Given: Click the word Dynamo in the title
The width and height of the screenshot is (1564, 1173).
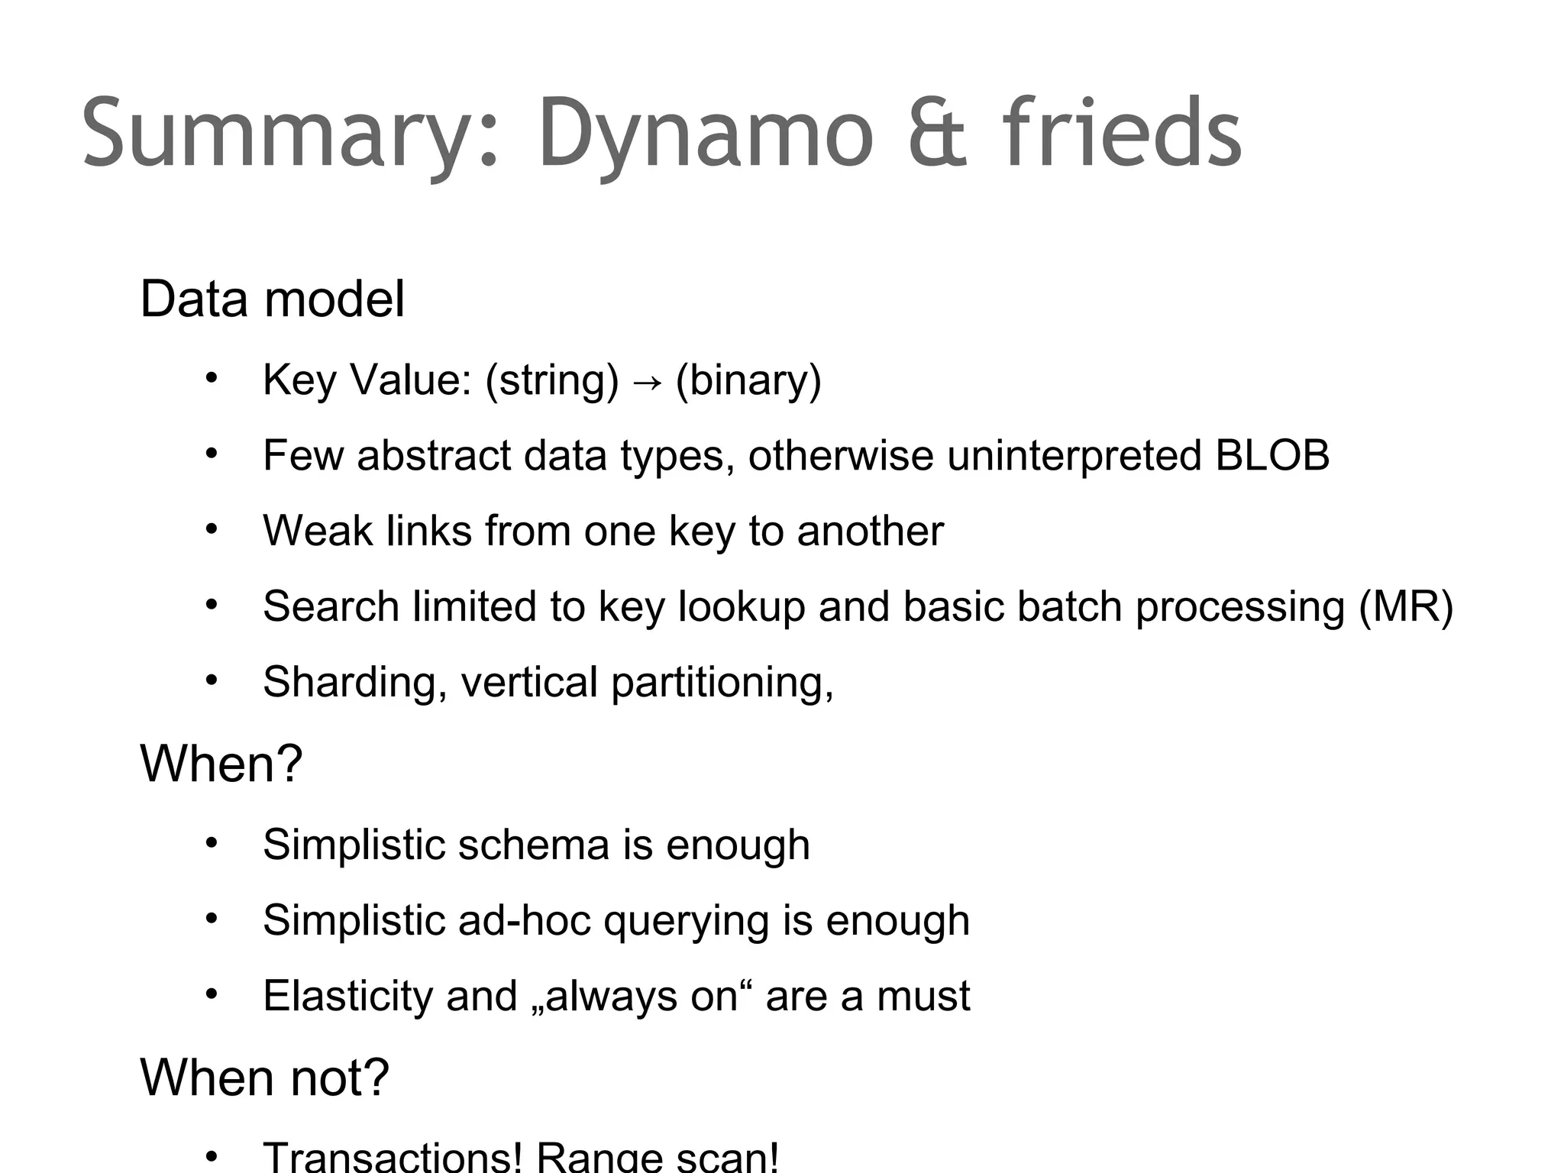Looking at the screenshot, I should tap(706, 134).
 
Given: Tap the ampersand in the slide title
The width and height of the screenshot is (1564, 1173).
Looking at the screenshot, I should tap(938, 134).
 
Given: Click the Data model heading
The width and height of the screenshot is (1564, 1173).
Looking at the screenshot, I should tap(272, 299).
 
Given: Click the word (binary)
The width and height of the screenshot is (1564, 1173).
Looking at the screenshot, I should tap(748, 380).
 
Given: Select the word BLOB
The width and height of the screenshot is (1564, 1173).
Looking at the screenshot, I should tap(1272, 455).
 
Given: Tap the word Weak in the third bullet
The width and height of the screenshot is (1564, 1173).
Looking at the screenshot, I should tap(318, 531).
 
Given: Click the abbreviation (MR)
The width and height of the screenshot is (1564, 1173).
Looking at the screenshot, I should tap(1405, 607).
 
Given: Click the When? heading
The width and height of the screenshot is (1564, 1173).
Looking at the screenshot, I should tap(221, 763).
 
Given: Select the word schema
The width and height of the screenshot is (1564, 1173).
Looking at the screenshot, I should tap(533, 845).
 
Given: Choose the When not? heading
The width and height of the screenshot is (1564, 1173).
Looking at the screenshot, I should tap(264, 1078).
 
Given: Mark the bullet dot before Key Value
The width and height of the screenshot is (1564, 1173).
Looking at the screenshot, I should tap(212, 378).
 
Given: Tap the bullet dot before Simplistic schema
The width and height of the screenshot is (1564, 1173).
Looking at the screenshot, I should tap(212, 843).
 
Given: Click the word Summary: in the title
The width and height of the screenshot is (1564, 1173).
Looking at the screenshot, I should tap(291, 134).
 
